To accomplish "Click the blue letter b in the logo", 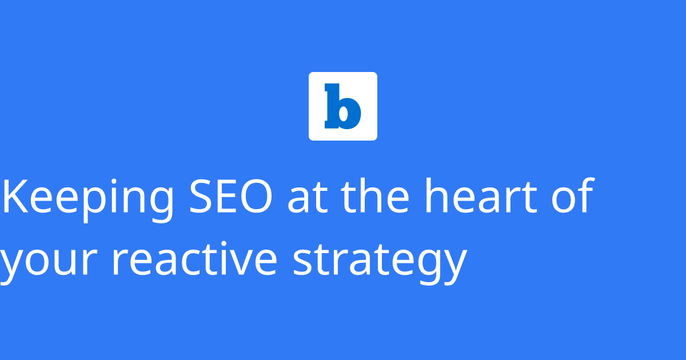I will coord(343,106).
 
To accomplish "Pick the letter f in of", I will coord(585,196).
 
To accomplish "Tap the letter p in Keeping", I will coord(101,203).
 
